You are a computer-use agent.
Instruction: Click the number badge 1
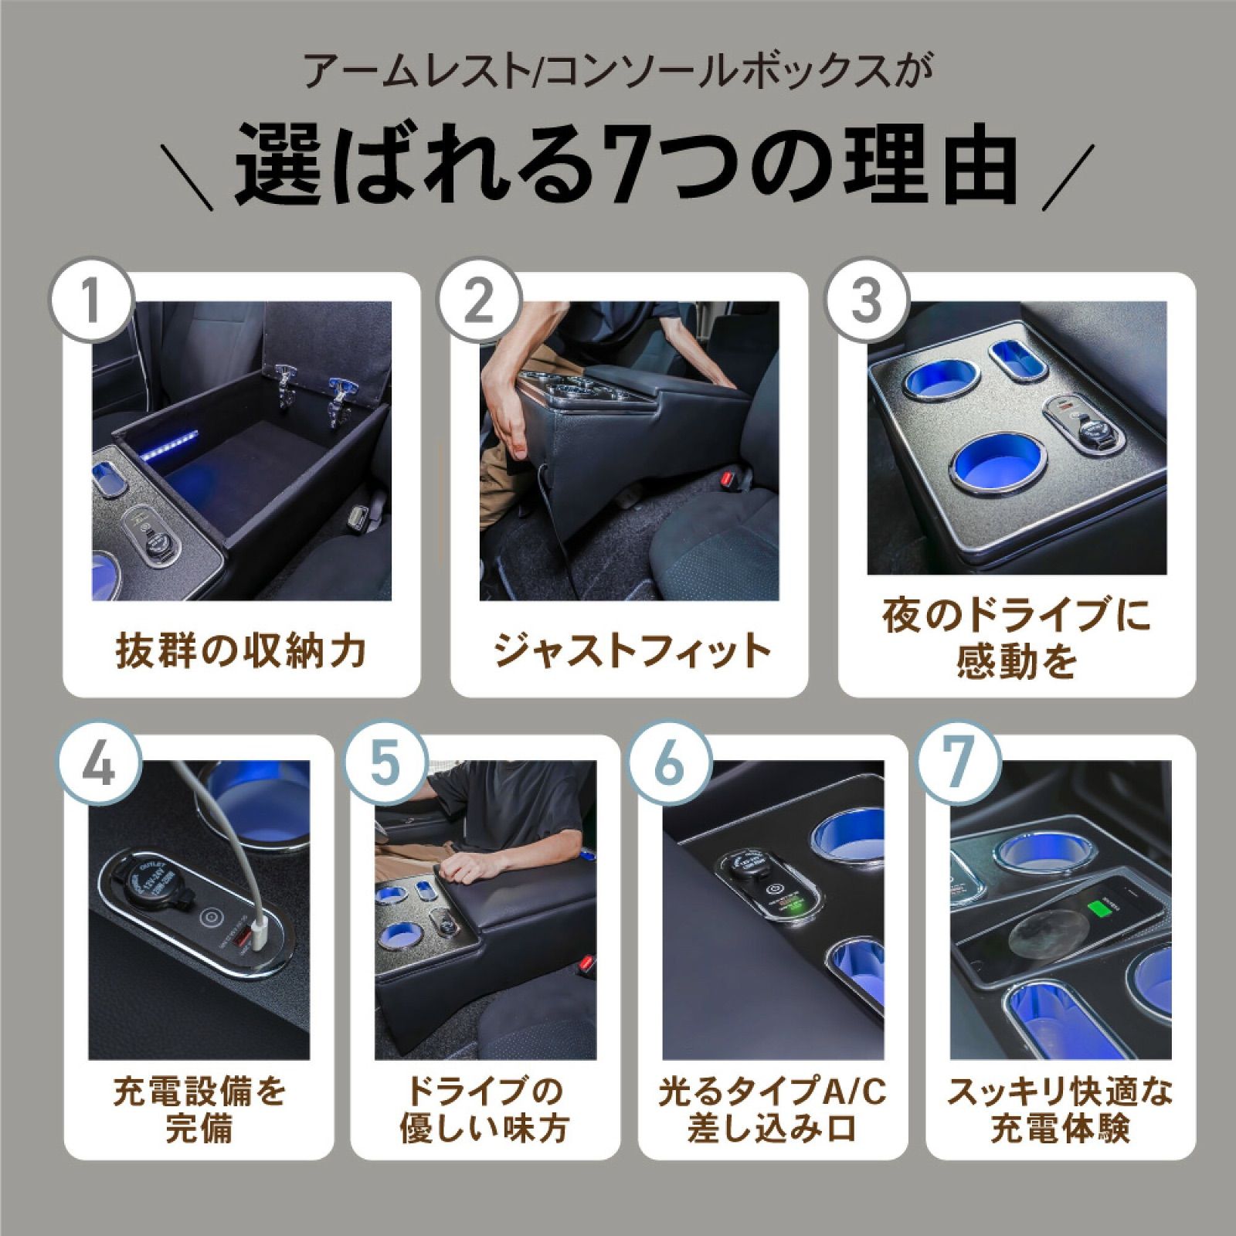click(92, 300)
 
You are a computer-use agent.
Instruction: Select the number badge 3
click(867, 300)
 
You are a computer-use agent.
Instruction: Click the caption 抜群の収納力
click(241, 650)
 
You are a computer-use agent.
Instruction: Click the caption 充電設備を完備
click(199, 1110)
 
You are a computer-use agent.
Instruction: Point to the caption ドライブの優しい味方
click(485, 1110)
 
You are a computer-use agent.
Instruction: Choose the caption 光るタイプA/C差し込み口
click(772, 1110)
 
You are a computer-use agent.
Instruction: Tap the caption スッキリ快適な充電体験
click(1060, 1110)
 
